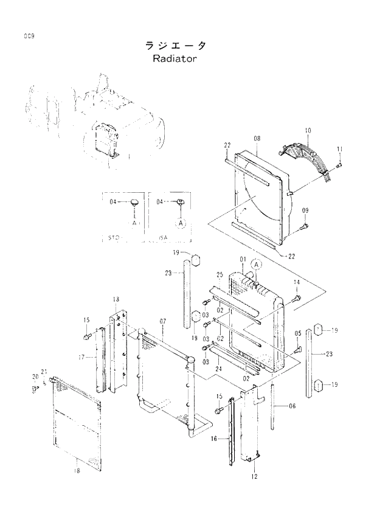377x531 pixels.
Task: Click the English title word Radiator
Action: tap(176, 60)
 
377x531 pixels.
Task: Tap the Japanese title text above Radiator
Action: tap(176, 46)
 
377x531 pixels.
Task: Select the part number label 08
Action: tap(257, 139)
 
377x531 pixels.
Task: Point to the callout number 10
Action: tap(308, 131)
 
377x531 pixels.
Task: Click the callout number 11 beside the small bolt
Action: tap(339, 150)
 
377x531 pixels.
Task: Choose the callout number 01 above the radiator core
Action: tap(242, 260)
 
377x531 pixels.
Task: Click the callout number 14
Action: tap(297, 282)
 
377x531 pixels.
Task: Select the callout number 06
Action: tap(292, 406)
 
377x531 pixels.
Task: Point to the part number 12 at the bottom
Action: tap(254, 476)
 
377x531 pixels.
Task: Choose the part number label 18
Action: tap(76, 470)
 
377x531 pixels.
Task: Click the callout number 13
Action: tap(116, 299)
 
